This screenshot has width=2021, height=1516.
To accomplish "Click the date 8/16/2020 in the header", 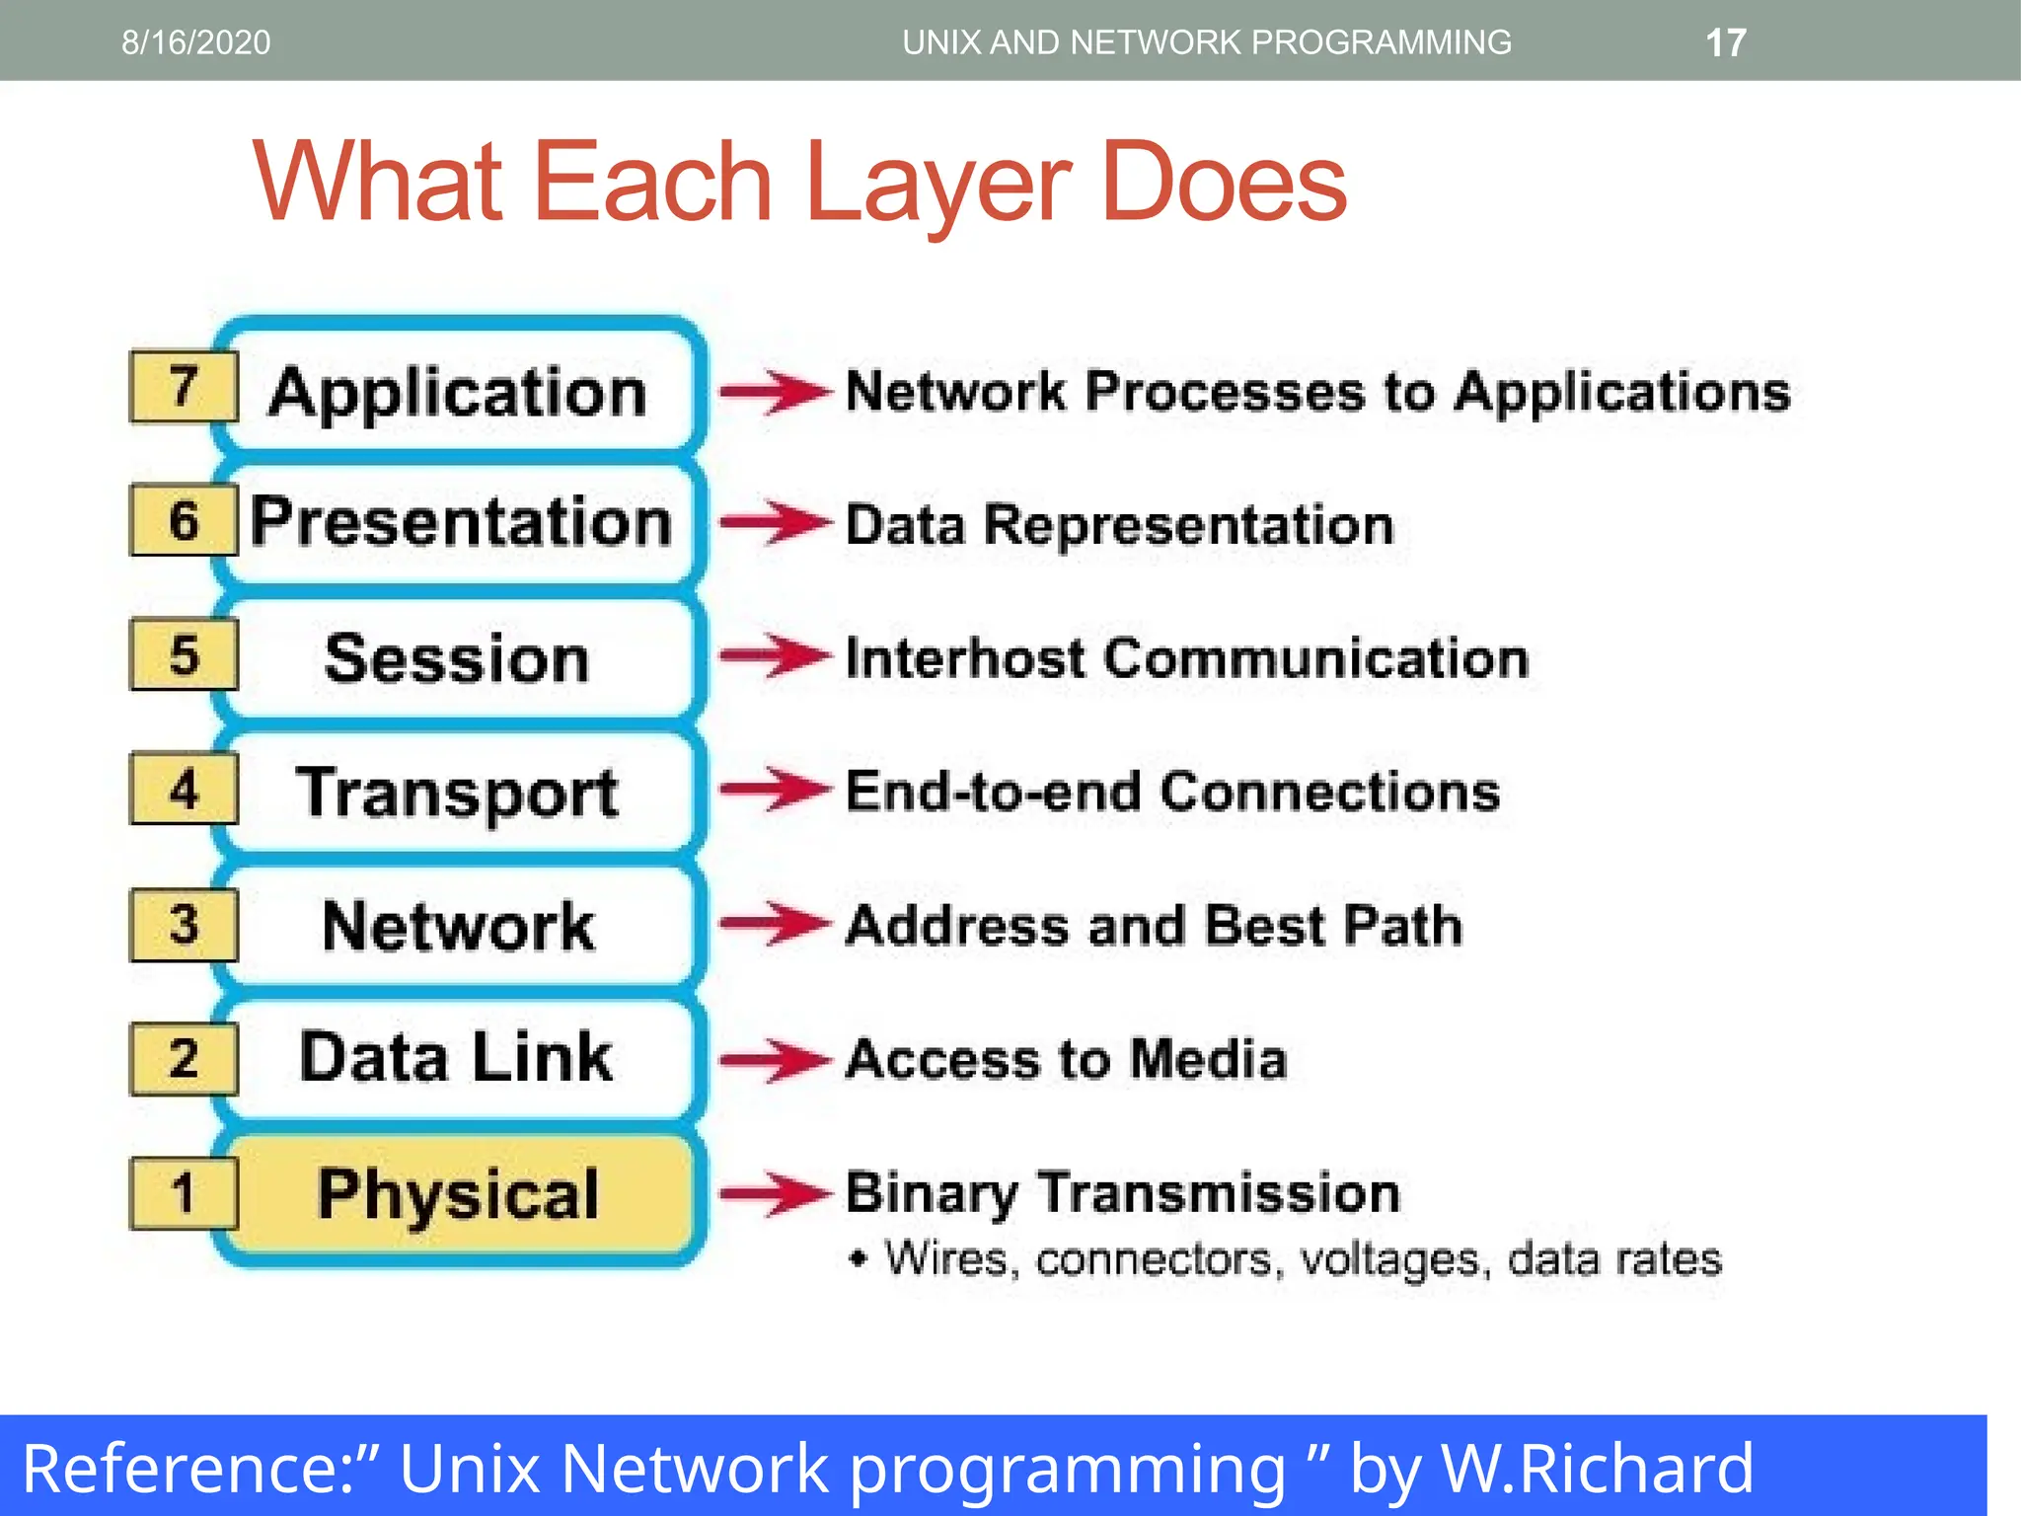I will click(195, 42).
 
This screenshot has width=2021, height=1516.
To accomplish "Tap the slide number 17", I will click(1725, 43).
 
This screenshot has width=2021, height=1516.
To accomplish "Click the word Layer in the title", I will click(936, 184).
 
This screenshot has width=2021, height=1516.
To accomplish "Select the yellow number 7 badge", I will click(184, 386).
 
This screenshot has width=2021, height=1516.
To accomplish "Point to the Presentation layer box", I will click(460, 522).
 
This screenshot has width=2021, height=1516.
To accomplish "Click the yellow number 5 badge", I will click(184, 654).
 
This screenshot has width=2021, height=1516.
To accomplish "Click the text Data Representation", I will click(1120, 525).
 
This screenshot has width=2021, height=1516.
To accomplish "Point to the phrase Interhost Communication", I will click(1187, 658).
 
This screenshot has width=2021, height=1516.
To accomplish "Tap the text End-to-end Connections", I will click(1172, 792).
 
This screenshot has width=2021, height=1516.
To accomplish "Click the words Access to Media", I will click(1067, 1059).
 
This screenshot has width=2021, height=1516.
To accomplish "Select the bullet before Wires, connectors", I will click(859, 1258).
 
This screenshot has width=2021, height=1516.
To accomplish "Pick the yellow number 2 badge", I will click(184, 1059).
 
